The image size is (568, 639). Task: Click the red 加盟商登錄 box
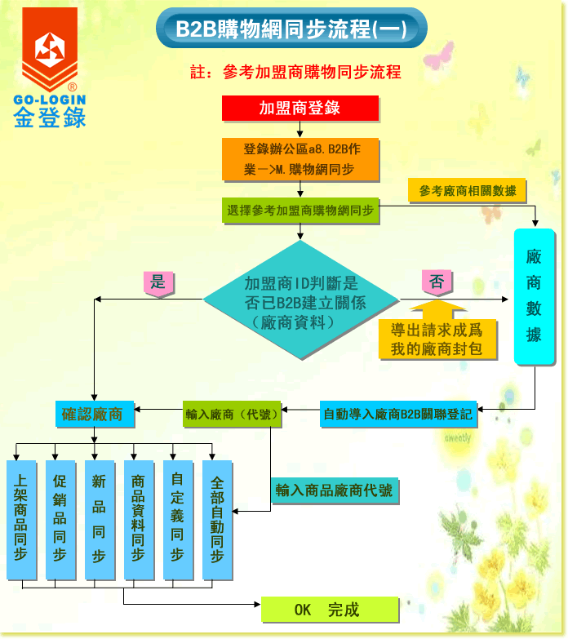300,108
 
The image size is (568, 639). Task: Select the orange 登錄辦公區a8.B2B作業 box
300,159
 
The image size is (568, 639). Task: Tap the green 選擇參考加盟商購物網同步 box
300,211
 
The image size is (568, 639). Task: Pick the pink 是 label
158,283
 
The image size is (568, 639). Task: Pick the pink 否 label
437,283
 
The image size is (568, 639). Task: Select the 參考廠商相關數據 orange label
468,191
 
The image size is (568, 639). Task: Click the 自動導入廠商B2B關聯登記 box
397,414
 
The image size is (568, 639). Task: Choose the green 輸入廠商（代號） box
233,414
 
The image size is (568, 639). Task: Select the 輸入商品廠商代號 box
334,490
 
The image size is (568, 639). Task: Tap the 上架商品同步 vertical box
21,520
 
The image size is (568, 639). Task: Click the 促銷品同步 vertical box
60,520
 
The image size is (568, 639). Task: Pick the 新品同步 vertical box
99,520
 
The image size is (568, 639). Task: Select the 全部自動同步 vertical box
216,520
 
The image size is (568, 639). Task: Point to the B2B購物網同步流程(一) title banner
291,29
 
